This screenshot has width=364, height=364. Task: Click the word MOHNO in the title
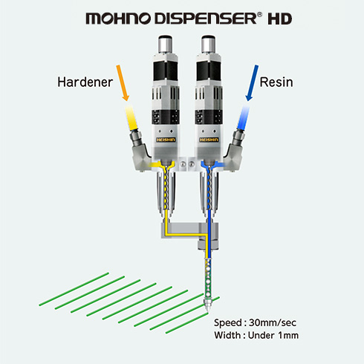(118, 19)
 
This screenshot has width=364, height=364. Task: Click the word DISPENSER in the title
(206, 19)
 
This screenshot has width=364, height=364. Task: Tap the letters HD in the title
(280, 19)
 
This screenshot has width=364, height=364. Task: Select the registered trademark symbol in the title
(259, 15)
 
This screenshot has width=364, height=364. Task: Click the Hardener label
(85, 82)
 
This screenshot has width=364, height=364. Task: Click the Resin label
(276, 82)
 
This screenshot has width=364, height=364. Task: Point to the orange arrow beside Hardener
(123, 83)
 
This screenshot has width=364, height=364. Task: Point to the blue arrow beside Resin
(252, 83)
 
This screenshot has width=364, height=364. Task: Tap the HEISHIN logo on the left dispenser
(166, 140)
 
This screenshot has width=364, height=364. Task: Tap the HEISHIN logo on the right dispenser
(209, 140)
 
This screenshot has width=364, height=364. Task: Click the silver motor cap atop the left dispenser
(166, 45)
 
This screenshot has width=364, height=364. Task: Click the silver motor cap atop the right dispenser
(208, 45)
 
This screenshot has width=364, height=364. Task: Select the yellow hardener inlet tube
(131, 117)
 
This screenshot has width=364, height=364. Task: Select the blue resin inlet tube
(244, 117)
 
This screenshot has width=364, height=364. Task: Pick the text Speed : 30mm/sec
(255, 322)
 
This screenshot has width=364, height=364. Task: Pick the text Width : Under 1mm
(256, 335)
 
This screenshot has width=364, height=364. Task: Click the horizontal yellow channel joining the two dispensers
(186, 234)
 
